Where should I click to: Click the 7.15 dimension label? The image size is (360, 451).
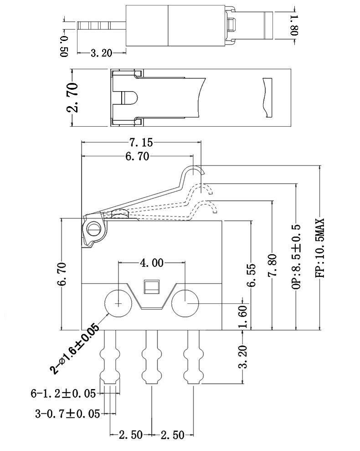pyautogui.click(x=141, y=143)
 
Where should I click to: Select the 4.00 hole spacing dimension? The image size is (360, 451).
pyautogui.click(x=151, y=262)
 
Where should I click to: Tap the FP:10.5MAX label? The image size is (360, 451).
pyautogui.click(x=320, y=248)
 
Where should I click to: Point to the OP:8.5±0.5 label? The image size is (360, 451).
pyautogui.click(x=296, y=256)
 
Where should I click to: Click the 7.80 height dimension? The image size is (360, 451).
pyautogui.click(x=272, y=265)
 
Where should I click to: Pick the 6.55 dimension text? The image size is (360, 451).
pyautogui.click(x=251, y=275)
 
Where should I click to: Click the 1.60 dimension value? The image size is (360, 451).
pyautogui.click(x=243, y=317)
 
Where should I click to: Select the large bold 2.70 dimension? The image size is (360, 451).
pyautogui.click(x=72, y=97)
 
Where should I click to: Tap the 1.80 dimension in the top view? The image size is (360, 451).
pyautogui.click(x=295, y=26)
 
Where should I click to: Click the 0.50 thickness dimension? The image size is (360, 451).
pyautogui.click(x=64, y=46)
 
